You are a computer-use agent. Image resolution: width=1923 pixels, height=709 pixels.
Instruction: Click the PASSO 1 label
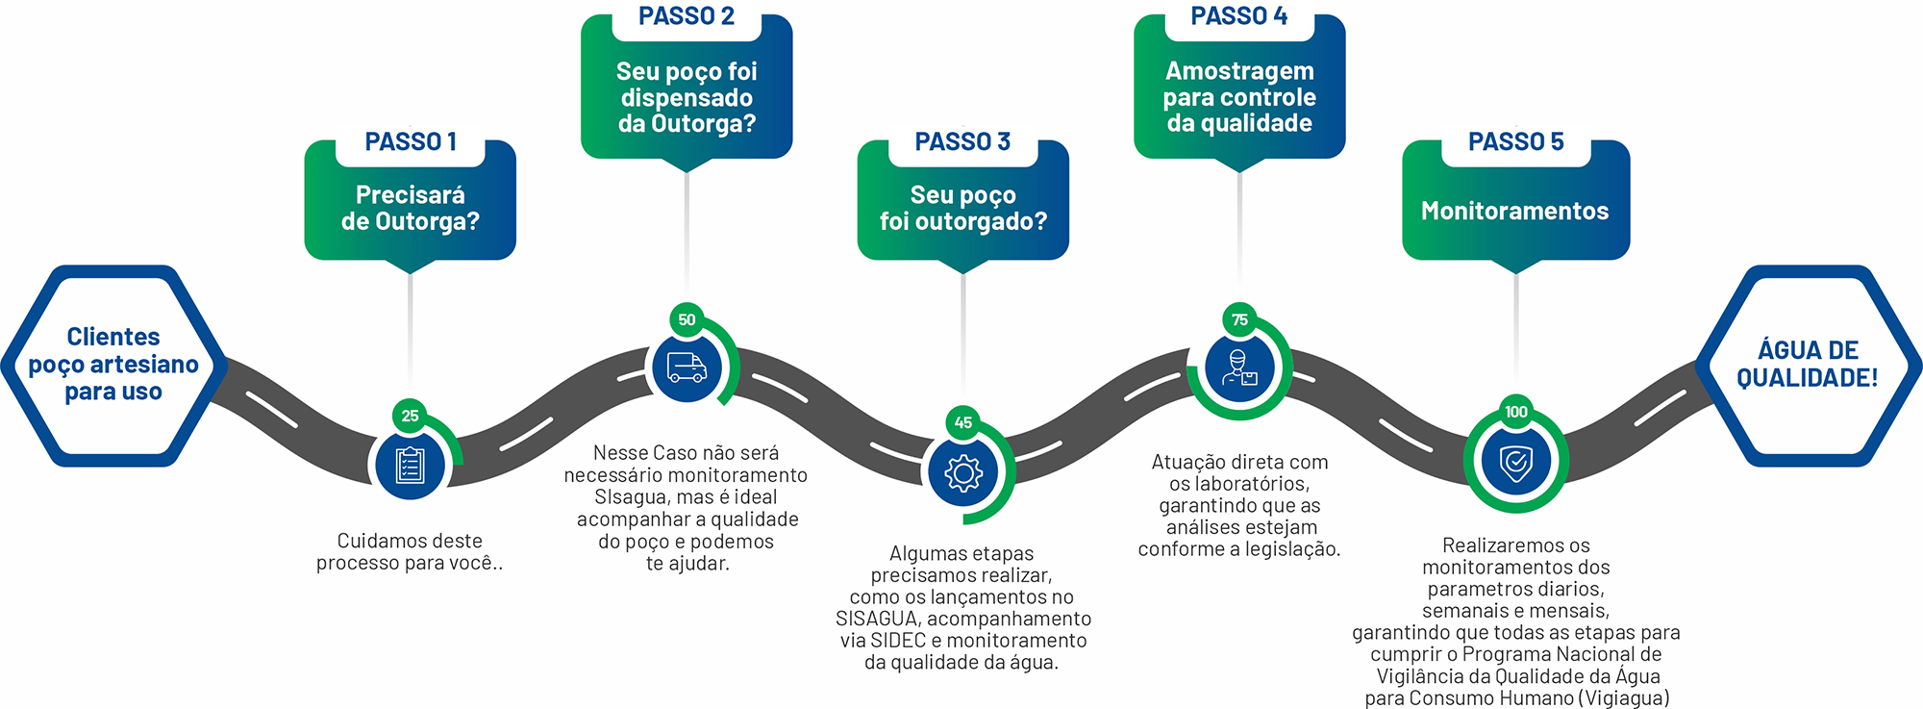(411, 142)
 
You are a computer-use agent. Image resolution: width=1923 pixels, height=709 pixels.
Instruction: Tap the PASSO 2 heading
(687, 16)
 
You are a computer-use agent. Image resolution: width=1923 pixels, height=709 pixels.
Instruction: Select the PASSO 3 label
(962, 142)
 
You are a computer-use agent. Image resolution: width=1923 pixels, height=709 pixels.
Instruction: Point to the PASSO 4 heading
(1238, 16)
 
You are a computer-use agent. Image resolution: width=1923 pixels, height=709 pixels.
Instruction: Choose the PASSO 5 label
(1515, 142)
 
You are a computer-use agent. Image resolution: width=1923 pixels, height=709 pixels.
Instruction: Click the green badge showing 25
(411, 416)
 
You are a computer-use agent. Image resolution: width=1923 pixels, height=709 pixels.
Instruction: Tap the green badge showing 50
(687, 319)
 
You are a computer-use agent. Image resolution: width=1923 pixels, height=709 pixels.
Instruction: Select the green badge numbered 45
(962, 422)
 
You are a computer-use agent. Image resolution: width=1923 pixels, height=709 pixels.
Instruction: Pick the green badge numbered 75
(1239, 319)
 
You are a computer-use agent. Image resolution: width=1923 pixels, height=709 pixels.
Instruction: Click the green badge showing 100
(1515, 412)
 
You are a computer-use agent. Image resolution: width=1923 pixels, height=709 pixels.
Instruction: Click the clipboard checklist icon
(411, 466)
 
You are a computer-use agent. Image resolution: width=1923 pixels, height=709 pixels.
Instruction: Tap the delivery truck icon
(687, 367)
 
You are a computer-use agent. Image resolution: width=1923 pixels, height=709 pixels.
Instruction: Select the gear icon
(963, 472)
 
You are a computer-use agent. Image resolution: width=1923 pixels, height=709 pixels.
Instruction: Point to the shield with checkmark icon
(1516, 462)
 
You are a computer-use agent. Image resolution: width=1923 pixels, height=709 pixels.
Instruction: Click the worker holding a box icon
(1239, 367)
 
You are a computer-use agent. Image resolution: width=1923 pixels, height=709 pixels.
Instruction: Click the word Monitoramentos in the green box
(1514, 212)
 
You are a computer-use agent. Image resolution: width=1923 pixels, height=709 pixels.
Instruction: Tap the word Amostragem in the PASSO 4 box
(1239, 71)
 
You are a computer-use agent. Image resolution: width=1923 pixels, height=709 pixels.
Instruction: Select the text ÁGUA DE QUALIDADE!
(1807, 364)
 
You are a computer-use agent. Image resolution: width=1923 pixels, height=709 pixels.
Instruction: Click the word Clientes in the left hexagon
(113, 337)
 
